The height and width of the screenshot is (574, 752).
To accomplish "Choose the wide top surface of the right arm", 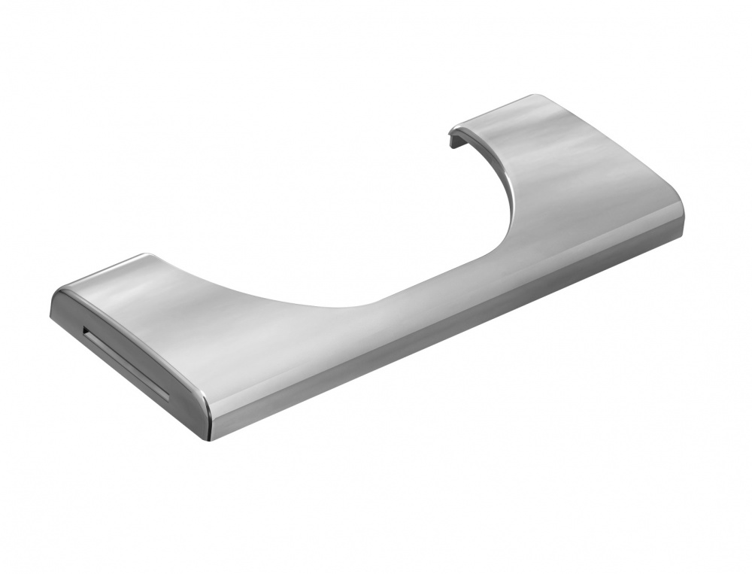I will [x=572, y=166].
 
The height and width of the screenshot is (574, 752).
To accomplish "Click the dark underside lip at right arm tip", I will [x=454, y=139].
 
